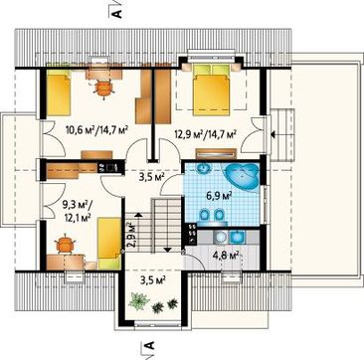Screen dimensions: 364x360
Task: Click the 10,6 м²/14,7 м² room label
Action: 97,129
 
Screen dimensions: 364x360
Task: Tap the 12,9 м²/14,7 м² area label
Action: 205,134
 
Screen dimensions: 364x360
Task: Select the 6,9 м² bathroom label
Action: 222,196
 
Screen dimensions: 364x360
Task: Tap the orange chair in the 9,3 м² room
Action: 65,245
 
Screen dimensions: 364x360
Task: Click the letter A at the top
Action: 118,13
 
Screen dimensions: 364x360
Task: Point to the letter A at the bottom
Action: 150,345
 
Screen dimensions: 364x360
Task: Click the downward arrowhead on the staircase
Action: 167,250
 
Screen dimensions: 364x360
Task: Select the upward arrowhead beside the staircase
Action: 138,215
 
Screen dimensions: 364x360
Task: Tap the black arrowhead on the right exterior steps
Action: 273,134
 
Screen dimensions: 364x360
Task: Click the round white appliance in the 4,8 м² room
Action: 220,237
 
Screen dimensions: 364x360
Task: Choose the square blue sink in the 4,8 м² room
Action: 238,237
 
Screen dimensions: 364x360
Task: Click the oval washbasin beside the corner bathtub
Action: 203,169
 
